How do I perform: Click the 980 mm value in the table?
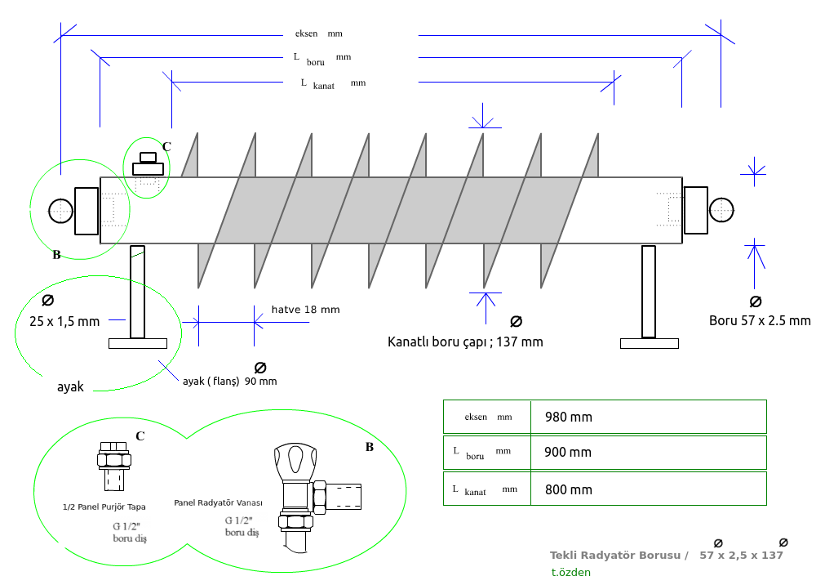tap(568, 418)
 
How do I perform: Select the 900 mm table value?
tap(568, 453)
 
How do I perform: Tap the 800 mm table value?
tap(568, 490)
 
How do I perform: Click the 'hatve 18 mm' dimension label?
tap(305, 310)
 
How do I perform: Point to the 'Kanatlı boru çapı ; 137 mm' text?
tap(464, 342)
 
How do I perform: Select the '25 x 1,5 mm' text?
tap(64, 321)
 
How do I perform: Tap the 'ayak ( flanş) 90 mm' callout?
tap(228, 382)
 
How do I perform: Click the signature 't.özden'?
tap(570, 573)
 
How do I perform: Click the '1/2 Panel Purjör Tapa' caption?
tap(104, 507)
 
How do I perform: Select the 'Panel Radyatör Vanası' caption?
tap(218, 503)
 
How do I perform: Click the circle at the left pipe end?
tap(61, 211)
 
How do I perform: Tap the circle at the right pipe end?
tap(721, 210)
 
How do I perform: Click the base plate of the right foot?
tap(650, 343)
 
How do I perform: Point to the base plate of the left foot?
tap(137, 343)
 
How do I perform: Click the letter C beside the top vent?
tap(166, 147)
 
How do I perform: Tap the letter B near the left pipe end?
tap(56, 255)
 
